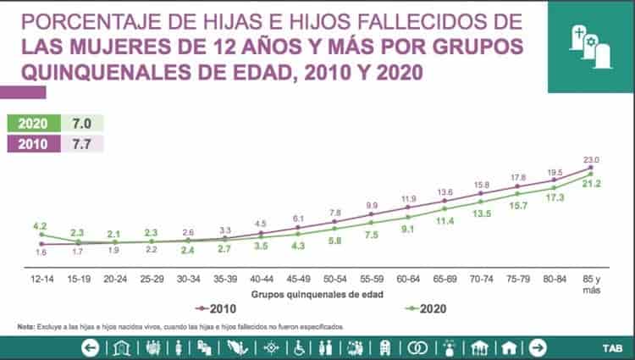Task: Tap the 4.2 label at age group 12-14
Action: tap(39, 227)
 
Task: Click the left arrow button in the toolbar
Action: tap(90, 347)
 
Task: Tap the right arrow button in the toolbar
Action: tap(536, 347)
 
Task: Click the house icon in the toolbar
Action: tap(509, 347)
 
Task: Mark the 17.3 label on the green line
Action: tap(555, 197)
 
